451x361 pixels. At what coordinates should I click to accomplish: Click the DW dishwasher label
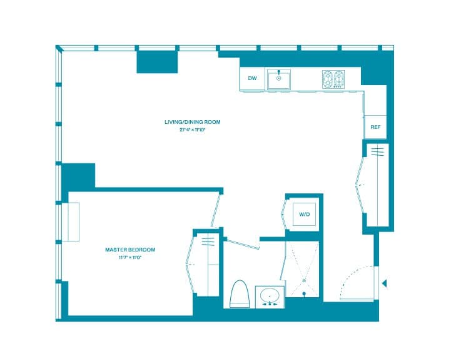point(252,78)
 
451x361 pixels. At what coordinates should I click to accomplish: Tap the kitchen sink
point(279,79)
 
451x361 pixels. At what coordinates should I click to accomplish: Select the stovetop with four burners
point(333,79)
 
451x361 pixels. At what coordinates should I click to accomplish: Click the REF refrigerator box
point(375,127)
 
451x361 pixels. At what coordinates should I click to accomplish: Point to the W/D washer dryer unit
point(305,215)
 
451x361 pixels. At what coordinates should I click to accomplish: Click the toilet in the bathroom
point(239,293)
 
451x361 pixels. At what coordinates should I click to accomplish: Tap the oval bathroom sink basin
point(270,295)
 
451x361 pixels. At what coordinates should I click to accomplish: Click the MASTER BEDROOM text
point(130,250)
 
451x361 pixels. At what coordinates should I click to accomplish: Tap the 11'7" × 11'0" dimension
point(130,257)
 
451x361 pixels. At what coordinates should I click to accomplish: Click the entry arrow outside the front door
point(384,283)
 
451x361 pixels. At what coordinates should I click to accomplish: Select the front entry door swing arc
point(358,281)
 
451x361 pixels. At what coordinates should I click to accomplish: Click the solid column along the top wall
point(158,61)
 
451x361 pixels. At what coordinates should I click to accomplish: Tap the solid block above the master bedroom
point(78,176)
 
